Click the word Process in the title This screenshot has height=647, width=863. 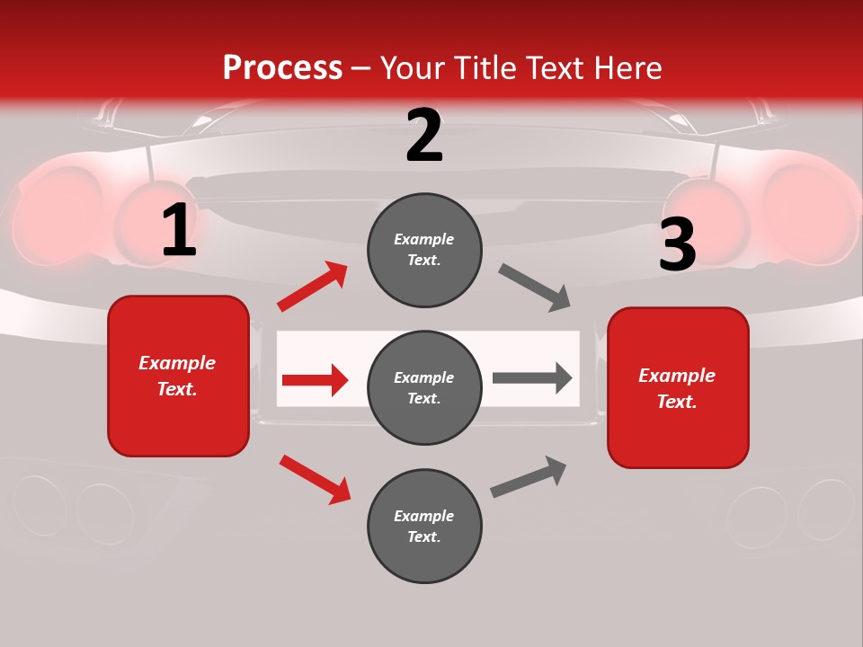point(282,68)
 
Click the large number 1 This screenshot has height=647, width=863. point(179,230)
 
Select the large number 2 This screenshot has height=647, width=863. point(424,136)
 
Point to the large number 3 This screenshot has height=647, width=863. point(677,245)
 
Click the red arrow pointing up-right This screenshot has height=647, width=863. point(313,287)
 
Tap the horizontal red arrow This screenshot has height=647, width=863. point(315,380)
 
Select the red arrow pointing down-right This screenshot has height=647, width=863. point(315,479)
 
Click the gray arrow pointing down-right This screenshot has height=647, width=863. point(535,288)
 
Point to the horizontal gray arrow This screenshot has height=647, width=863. point(532,377)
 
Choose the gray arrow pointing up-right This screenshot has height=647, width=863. point(529,476)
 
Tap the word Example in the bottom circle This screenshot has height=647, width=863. point(424,516)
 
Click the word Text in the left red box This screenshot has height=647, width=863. point(176,389)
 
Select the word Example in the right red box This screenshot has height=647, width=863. point(677,376)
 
